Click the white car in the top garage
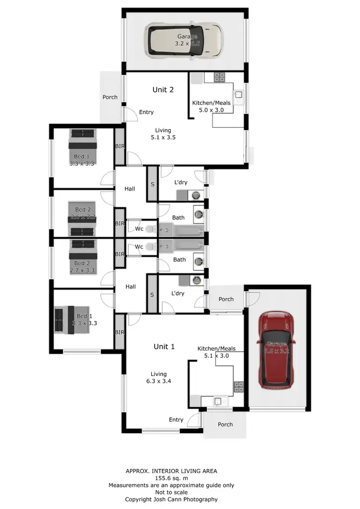pos(185,41)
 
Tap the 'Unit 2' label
pos(163,90)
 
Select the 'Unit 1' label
pos(164,346)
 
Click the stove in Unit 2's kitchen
pos(219,77)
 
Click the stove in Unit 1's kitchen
pos(239,387)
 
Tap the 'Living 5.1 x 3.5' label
pos(163,134)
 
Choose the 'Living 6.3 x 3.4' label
pos(159,378)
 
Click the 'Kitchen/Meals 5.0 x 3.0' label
pos(211,107)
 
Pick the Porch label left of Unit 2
pos(110,97)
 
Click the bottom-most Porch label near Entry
pos(225,425)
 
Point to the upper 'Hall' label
pos(130,189)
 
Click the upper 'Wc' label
pos(139,229)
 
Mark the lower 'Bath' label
pos(180,260)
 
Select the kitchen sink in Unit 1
pos(219,401)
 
